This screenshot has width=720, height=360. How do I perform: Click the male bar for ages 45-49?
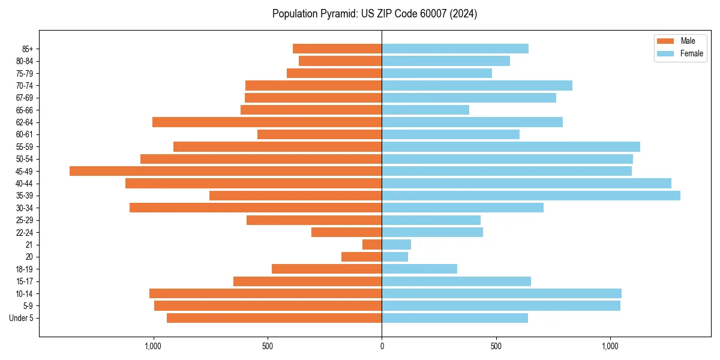click(x=226, y=171)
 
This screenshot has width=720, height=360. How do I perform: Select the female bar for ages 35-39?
click(x=531, y=196)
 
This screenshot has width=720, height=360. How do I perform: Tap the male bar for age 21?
click(x=372, y=245)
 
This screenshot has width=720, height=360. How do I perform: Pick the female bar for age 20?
click(x=395, y=257)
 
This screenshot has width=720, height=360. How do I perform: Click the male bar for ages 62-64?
click(x=267, y=122)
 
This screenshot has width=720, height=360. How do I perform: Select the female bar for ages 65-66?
click(x=425, y=110)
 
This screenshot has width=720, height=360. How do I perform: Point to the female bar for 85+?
click(x=455, y=49)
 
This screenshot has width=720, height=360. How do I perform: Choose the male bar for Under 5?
click(x=274, y=318)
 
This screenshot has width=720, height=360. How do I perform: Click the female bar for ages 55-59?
click(x=511, y=147)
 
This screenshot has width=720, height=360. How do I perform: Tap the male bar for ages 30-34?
click(x=256, y=208)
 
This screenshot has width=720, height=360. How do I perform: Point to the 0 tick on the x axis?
click(x=382, y=346)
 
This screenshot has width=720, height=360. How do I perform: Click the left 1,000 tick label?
click(x=153, y=346)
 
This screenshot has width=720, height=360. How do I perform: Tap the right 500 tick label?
click(x=496, y=346)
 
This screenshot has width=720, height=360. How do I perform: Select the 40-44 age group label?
click(x=25, y=184)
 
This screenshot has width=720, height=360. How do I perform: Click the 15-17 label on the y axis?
click(x=25, y=281)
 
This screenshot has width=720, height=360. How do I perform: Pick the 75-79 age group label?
click(x=25, y=73)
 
